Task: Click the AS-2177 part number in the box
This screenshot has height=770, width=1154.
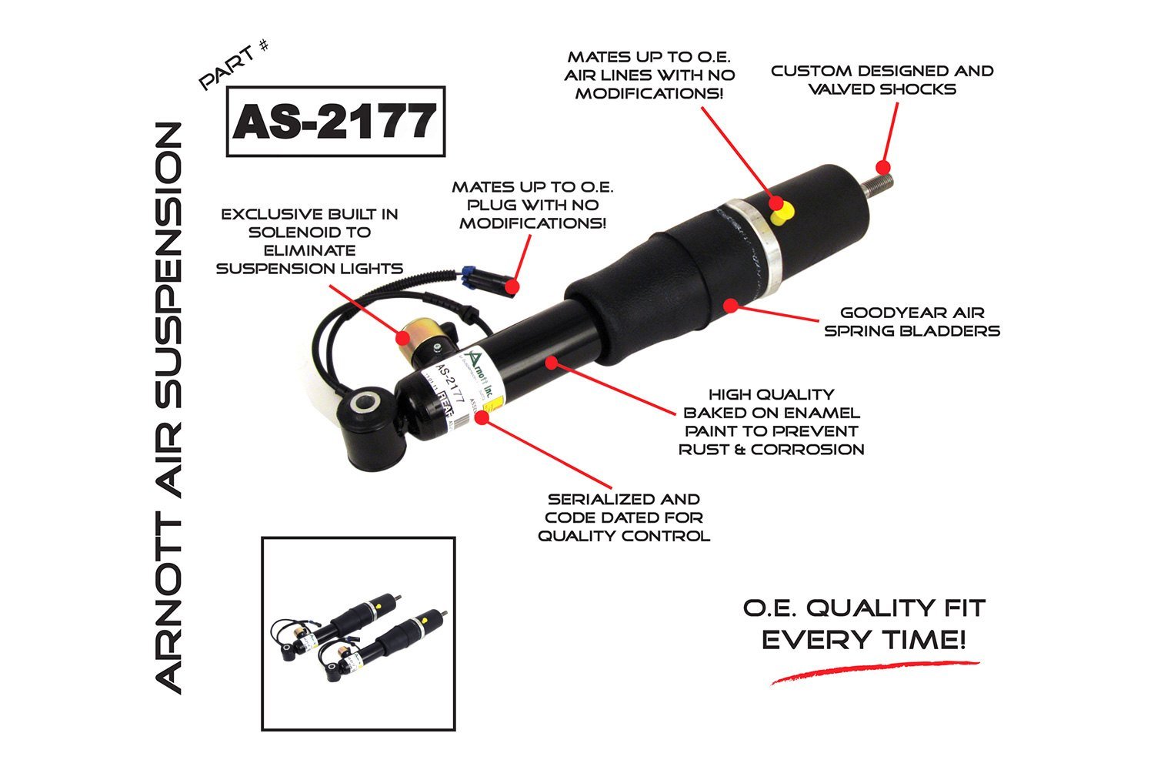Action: [x=335, y=122]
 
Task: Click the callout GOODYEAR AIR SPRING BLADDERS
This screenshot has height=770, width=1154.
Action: [x=912, y=322]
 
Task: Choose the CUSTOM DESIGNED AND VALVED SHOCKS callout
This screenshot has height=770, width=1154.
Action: [x=882, y=80]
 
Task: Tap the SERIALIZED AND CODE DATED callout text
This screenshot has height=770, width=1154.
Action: [x=623, y=517]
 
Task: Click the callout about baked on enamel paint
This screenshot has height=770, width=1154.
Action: [x=771, y=422]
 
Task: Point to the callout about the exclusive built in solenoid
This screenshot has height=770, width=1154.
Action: [x=309, y=241]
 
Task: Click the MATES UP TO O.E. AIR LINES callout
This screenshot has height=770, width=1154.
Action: [x=649, y=75]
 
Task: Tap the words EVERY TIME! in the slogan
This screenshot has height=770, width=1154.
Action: [x=863, y=641]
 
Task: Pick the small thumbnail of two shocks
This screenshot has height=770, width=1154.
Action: [x=359, y=634]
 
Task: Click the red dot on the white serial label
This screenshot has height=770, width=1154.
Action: [x=482, y=417]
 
